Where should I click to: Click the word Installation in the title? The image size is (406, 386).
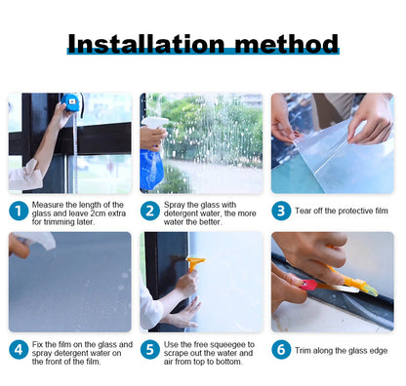coord(146,44)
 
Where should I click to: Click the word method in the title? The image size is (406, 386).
coord(287,44)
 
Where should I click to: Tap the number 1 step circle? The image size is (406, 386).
coord(19,211)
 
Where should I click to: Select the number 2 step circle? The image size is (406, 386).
coord(150,211)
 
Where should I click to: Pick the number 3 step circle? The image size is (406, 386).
coord(281,211)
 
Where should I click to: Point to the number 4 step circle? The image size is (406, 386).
coord(19,350)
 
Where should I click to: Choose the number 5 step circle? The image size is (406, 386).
coord(150,350)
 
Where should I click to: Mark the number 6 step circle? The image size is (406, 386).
coord(281,350)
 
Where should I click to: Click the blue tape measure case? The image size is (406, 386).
coord(70,101)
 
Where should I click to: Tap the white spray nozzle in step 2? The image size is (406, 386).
coord(154,122)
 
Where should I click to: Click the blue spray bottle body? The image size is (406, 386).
coord(151,169)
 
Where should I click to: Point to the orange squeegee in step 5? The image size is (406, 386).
coord(194,264)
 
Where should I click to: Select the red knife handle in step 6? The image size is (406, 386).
coord(308,285)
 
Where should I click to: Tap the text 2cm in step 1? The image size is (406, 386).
coord(100,213)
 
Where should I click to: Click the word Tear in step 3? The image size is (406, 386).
coord(303,211)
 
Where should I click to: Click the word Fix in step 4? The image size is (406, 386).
coord(37,344)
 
